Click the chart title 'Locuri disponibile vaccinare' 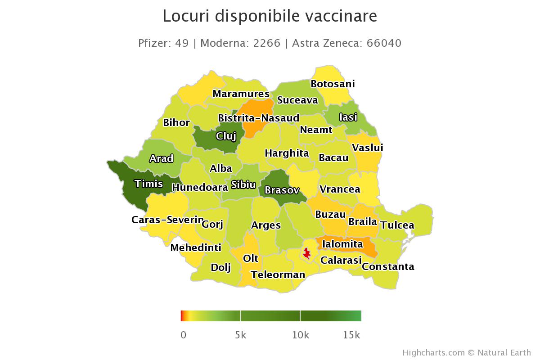click(x=270, y=16)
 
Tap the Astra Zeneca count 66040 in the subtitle click(x=384, y=43)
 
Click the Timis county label click(x=148, y=184)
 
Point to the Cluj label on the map click(x=226, y=136)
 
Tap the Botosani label click(x=333, y=84)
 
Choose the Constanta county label click(x=388, y=266)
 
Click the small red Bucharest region click(x=307, y=254)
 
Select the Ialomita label click(x=342, y=244)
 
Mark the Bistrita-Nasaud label click(x=258, y=118)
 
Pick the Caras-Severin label click(x=167, y=220)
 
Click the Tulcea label click(x=397, y=225)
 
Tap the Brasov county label click(x=282, y=190)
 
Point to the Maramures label click(x=241, y=94)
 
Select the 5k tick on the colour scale click(x=241, y=335)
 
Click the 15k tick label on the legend click(x=351, y=335)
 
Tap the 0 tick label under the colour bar click(x=183, y=335)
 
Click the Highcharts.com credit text click(x=434, y=353)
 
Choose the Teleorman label click(x=278, y=274)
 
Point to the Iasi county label click(x=348, y=117)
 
